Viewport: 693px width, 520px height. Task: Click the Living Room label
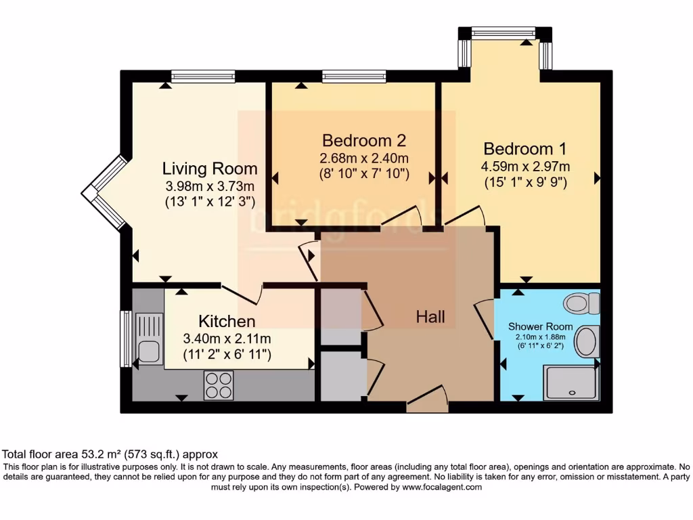pos(210,169)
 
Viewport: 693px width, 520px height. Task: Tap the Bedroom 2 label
pos(364,141)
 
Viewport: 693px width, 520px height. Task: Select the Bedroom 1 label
pos(525,149)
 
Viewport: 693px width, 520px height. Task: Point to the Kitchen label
pos(227,321)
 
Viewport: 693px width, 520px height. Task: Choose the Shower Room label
pos(541,326)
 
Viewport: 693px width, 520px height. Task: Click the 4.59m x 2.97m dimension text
pos(525,167)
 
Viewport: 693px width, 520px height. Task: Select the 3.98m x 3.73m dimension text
pos(210,186)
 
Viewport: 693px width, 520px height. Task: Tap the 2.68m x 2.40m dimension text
pos(364,158)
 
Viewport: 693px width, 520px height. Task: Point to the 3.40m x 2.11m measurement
pos(227,339)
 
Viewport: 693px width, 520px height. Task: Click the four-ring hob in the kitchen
pos(219,385)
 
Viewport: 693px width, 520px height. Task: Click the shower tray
pos(571,383)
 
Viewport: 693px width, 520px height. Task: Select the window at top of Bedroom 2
pos(354,77)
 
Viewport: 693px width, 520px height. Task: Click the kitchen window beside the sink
pos(125,339)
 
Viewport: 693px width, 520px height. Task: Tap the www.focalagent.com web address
pos(442,487)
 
